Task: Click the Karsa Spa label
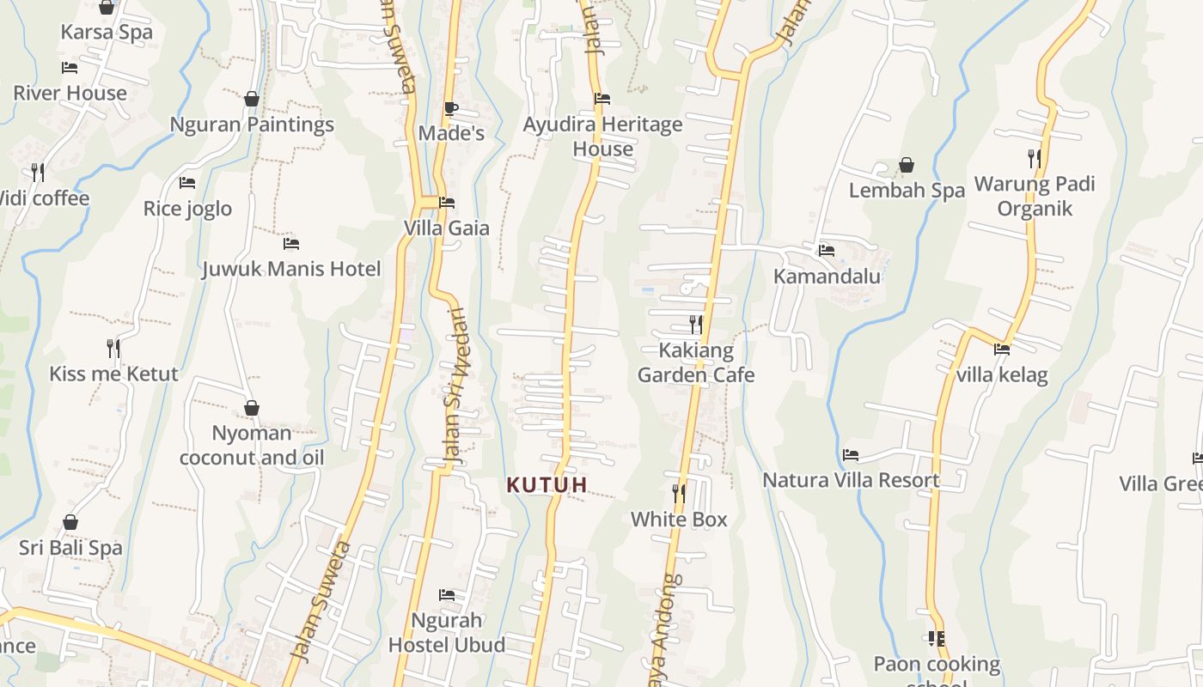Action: (x=107, y=33)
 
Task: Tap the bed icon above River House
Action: (x=70, y=68)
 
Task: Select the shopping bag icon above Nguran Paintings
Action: (x=252, y=99)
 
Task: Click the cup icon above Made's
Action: (x=451, y=108)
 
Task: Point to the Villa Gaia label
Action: (x=447, y=228)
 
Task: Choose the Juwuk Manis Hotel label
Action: (x=291, y=270)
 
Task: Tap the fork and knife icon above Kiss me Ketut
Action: (x=113, y=348)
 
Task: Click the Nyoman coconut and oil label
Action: (x=252, y=446)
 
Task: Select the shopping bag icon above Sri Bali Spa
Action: (x=70, y=522)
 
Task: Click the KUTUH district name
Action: (x=547, y=485)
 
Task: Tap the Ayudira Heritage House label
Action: (x=602, y=137)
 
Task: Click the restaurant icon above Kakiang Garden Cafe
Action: (x=696, y=325)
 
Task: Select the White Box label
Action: (x=679, y=520)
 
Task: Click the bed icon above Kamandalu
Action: (x=827, y=251)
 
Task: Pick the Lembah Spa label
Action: (x=907, y=191)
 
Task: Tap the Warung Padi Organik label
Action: (x=1035, y=197)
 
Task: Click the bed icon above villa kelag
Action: (x=1002, y=350)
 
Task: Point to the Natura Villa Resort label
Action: (x=851, y=480)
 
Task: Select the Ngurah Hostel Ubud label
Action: (x=447, y=632)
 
